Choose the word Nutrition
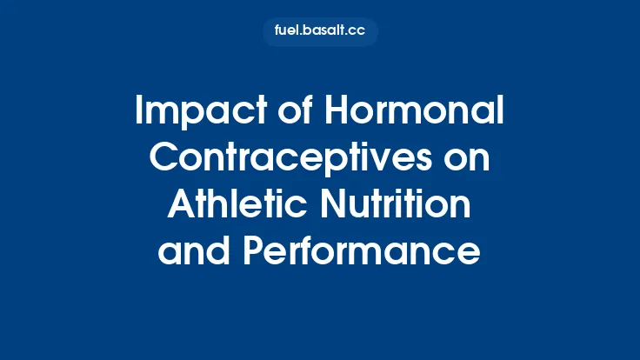pos(398,205)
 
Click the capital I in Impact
pos(140,112)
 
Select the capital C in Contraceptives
pos(165,159)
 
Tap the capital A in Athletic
pos(179,205)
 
